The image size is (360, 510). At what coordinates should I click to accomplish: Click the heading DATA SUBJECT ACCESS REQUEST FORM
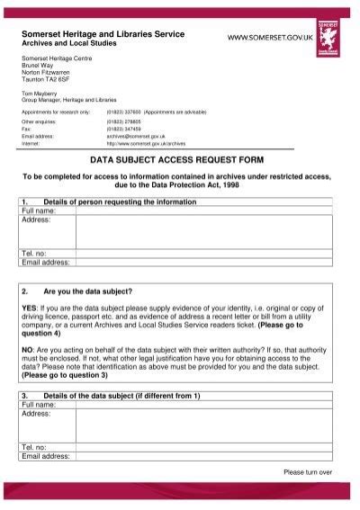(x=179, y=156)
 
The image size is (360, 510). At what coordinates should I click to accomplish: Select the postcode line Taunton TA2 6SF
(x=46, y=79)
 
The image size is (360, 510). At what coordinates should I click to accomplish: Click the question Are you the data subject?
(x=88, y=291)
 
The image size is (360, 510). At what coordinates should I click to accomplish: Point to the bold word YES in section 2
(x=28, y=308)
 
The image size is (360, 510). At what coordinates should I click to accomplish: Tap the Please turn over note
(x=308, y=470)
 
